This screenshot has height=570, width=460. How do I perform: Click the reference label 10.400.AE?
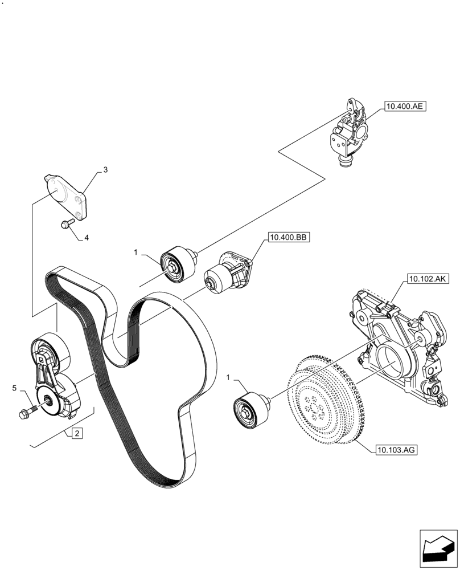(405, 106)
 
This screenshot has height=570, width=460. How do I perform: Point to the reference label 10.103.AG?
(397, 450)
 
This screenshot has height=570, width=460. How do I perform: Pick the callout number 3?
(105, 170)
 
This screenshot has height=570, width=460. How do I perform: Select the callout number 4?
(87, 238)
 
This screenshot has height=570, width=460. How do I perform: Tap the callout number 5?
(14, 388)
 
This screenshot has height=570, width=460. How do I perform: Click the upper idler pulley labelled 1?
(178, 264)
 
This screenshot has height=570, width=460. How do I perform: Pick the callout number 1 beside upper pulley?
(136, 251)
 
